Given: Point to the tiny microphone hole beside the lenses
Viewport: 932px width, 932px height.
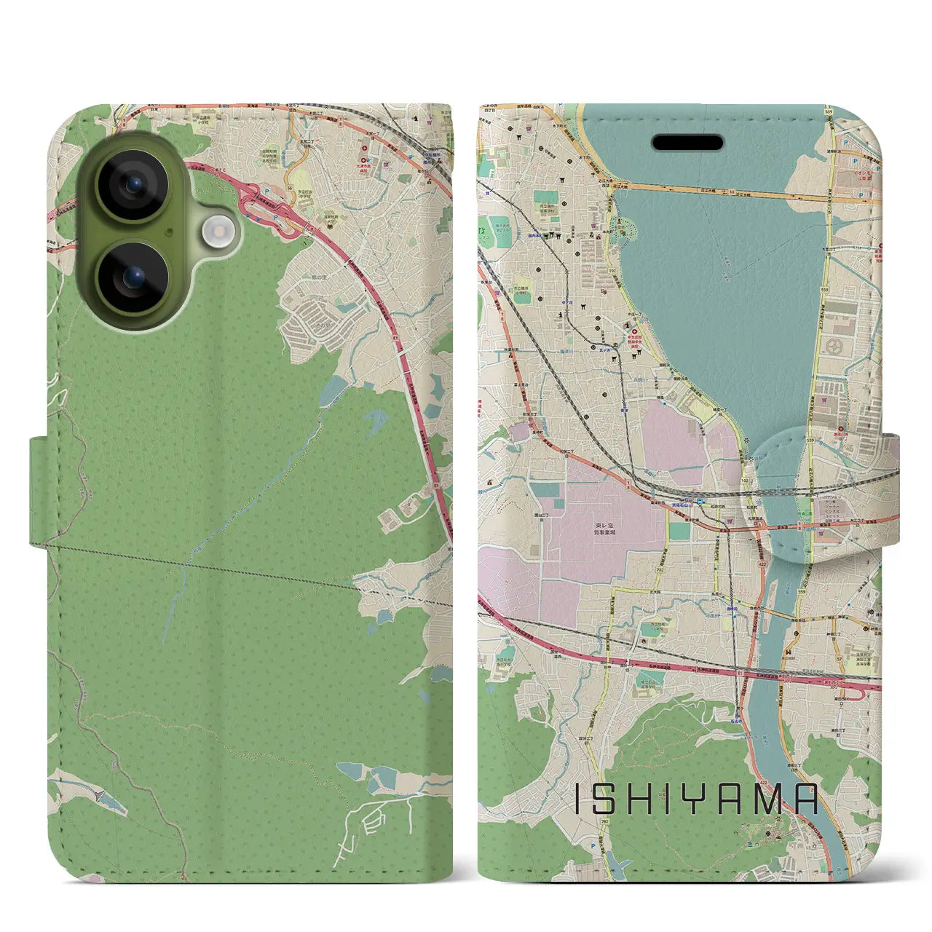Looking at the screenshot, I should (x=170, y=232).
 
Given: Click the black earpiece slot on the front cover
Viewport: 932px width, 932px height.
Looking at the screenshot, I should (x=687, y=142).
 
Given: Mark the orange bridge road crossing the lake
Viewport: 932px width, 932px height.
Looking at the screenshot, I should (x=728, y=191).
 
